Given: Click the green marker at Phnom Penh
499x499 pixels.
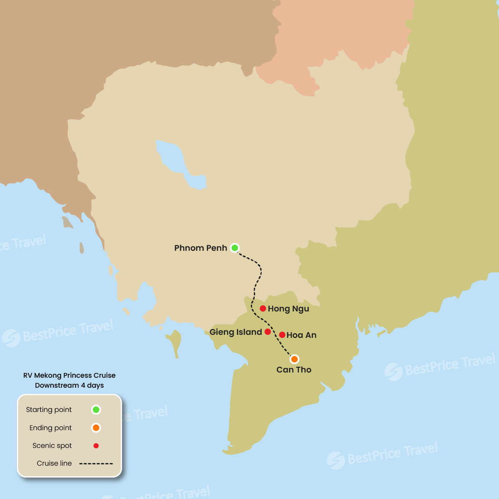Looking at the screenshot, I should tap(235, 248).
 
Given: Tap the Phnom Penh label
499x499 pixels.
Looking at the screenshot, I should tap(201, 248).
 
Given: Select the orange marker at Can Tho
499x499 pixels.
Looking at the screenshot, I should tap(295, 359).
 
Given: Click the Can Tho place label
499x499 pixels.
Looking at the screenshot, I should tap(294, 370).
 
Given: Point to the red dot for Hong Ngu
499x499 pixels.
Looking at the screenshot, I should tap(263, 308).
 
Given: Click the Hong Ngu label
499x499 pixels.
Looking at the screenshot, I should tap(288, 309).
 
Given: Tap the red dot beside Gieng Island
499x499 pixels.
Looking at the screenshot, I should tap(268, 332).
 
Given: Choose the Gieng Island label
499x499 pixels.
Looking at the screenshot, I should tap(236, 332).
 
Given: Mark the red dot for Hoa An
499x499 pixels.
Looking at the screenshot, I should tap(282, 335).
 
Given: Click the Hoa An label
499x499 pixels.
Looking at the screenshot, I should tap(301, 335).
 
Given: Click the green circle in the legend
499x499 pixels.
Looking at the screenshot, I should tap(96, 409).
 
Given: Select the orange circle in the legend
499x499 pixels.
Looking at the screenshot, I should tap(96, 428).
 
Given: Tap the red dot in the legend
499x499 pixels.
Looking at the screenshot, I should tap(96, 446).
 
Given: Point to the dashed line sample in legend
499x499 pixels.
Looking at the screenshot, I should tap(96, 463).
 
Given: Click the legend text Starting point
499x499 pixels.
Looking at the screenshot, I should tap(49, 410).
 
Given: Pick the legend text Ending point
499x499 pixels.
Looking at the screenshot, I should tap(51, 428).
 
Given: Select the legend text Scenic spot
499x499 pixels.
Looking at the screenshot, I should tap(52, 446).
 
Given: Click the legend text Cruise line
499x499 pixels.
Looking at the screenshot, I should tap(54, 463).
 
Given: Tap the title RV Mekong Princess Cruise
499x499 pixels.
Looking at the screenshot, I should tap(69, 376).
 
